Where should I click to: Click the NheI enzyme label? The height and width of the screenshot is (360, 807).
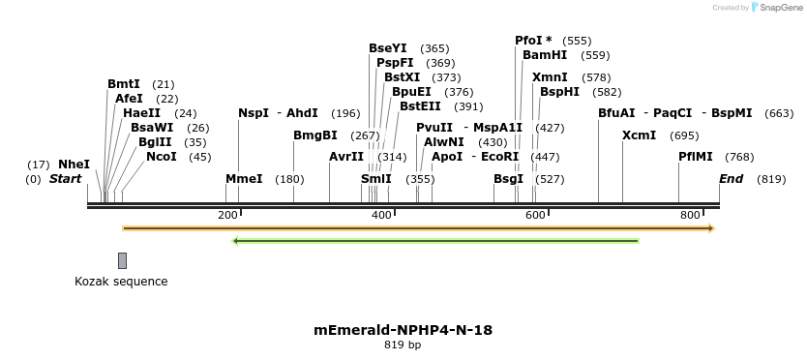point(74,165)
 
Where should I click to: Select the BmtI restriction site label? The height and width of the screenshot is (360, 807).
point(124,84)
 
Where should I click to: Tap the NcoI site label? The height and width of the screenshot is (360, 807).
point(162,156)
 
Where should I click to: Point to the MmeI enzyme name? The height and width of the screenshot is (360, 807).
point(244,179)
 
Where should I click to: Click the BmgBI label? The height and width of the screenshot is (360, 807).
point(315,135)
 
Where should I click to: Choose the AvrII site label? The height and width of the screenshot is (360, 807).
point(346,156)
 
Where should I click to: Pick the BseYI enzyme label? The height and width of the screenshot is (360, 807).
point(388,48)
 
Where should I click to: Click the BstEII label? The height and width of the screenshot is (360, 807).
point(420,106)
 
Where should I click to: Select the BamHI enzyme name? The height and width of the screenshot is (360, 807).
point(545,55)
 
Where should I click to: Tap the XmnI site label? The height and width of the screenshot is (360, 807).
point(550,77)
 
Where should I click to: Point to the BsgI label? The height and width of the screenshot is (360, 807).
point(508,179)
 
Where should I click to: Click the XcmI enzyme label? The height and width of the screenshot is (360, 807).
point(639,135)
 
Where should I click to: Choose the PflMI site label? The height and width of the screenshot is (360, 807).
point(696,156)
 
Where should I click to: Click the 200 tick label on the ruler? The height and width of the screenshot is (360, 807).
point(227,215)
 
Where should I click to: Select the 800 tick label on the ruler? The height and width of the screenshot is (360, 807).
point(690,215)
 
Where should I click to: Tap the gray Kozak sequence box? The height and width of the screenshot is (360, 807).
point(122,260)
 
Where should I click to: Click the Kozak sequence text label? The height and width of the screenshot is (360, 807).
point(121,282)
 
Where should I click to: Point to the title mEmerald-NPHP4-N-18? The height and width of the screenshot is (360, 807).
point(403,330)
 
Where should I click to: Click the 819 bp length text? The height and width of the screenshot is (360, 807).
point(403,345)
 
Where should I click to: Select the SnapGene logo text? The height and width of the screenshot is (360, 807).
point(784,8)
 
